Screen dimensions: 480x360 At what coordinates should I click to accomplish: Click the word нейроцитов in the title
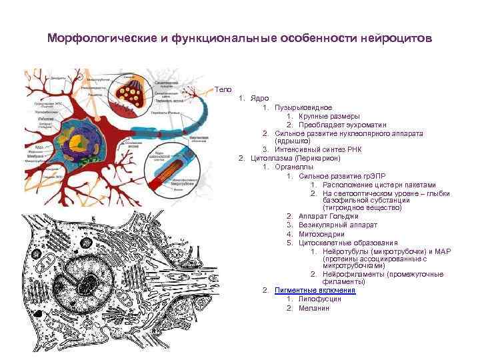pos(395,38)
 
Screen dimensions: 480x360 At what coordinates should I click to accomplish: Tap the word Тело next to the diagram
pos(223,89)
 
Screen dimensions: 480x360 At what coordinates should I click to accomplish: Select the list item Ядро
pos(260,98)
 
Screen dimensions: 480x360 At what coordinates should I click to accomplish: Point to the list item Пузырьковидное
pos(303,107)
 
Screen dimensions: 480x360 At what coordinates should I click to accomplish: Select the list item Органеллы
pos(295,167)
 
